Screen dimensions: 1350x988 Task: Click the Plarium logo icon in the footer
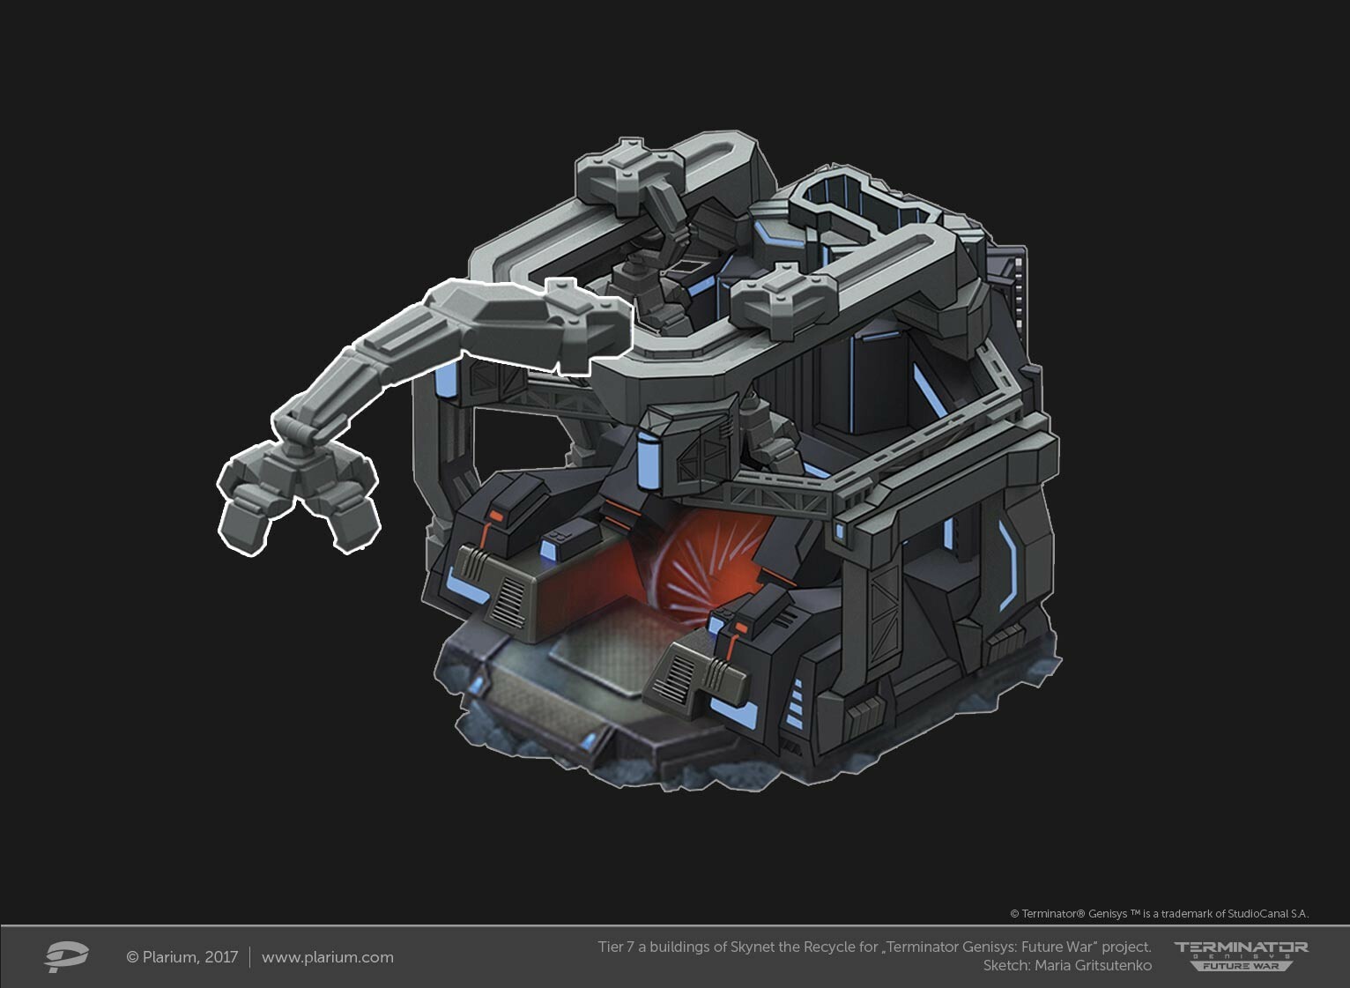[x=66, y=956]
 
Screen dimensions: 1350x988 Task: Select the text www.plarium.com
[x=327, y=957]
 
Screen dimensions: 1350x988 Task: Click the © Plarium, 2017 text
[x=182, y=957]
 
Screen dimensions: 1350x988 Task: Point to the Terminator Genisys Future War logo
[x=1241, y=955]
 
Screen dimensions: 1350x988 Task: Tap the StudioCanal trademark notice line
[x=1159, y=914]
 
